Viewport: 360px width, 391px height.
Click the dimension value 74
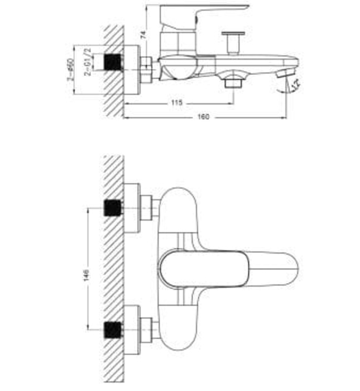(144, 35)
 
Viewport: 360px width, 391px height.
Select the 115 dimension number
(177, 103)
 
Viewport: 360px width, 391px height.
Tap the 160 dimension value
(203, 118)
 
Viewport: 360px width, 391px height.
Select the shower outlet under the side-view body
(232, 82)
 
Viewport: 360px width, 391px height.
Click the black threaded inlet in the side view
(114, 61)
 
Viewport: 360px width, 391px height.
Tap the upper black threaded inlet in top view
(114, 209)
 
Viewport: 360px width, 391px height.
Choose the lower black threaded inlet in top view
(114, 330)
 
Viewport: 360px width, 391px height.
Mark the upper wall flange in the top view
(132, 208)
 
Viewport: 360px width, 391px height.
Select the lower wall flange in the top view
(132, 330)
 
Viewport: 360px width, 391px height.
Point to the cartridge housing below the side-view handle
(176, 42)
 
